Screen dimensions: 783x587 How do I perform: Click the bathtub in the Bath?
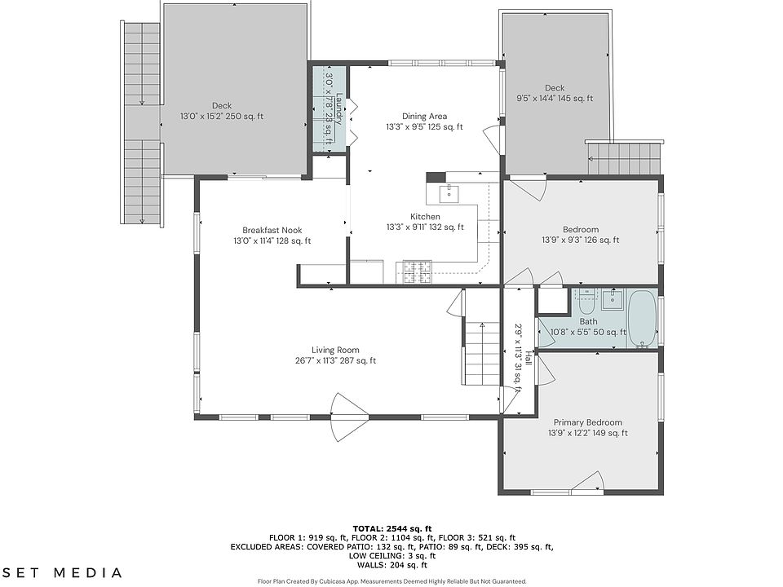pyautogui.click(x=642, y=319)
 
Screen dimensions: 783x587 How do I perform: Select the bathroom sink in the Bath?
pyautogui.click(x=613, y=299)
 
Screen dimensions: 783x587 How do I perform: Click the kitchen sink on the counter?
pyautogui.click(x=450, y=193)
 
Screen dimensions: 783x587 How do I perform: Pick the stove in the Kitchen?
pyautogui.click(x=414, y=272)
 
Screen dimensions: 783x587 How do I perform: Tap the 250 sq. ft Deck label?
pyautogui.click(x=222, y=111)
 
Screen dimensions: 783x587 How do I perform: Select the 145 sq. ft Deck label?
pyautogui.click(x=555, y=93)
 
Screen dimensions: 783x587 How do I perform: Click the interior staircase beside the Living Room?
pyautogui.click(x=482, y=353)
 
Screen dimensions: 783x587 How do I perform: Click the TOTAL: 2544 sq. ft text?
pyautogui.click(x=392, y=528)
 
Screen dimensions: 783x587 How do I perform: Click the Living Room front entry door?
pyautogui.click(x=349, y=415)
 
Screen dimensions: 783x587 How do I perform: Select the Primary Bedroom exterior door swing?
pyautogui.click(x=589, y=483)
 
